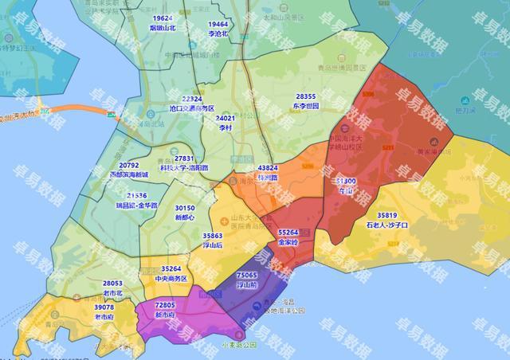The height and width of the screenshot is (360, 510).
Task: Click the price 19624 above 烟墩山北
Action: click(163, 18)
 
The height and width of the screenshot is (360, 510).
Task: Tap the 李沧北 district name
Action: click(218, 34)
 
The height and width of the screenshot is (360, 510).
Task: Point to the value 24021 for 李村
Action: click(227, 118)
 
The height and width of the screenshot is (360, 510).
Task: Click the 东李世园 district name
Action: click(305, 105)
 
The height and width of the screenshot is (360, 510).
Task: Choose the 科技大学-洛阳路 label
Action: click(185, 168)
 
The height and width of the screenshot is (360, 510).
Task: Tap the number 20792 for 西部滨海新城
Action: click(128, 165)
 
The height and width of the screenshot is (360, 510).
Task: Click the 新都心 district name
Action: click(185, 217)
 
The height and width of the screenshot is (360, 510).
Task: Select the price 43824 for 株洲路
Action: click(268, 168)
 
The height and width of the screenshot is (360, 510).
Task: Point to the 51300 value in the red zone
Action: click(347, 181)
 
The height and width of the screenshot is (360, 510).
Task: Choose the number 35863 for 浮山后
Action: click(213, 236)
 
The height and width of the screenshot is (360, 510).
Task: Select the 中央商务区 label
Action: click(171, 279)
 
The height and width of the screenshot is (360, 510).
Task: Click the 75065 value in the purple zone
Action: click(247, 274)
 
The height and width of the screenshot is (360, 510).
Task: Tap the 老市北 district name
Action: click(112, 292)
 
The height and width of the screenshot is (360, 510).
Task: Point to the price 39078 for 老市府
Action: click(104, 307)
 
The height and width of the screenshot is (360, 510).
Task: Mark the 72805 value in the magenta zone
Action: click(165, 305)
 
